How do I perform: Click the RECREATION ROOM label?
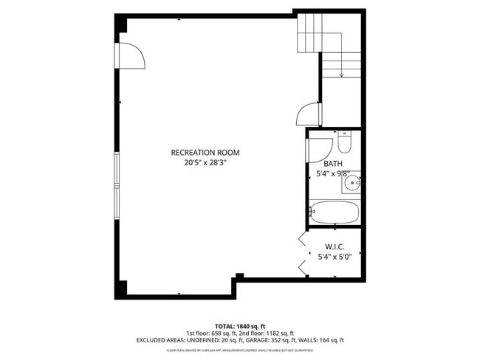pos(205,153)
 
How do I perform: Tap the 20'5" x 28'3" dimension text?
pos(205,163)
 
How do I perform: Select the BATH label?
pos(332,164)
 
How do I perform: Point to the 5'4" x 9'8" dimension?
pos(332,174)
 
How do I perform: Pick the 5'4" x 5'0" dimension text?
pos(335,257)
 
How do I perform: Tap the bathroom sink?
pos(353,180)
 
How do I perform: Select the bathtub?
pos(334,212)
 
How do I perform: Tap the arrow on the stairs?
pos(341,73)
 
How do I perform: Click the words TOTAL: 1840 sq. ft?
pos(240,325)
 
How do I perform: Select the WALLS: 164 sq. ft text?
pos(323,340)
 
